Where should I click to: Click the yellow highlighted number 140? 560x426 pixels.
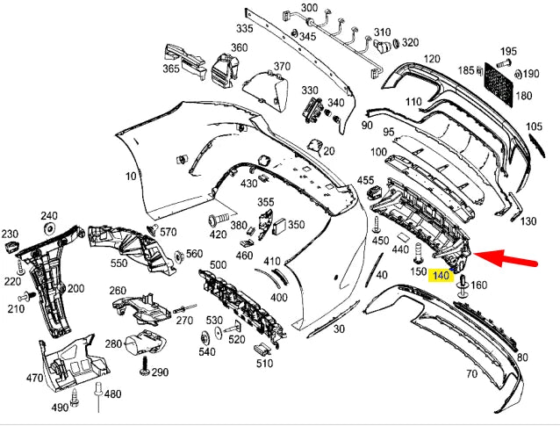[442, 275]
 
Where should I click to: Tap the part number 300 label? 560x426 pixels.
[309, 8]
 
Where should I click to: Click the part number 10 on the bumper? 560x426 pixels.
[131, 177]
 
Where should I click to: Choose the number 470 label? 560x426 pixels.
[34, 379]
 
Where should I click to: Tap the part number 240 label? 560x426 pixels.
[49, 215]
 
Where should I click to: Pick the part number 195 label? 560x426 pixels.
[533, 52]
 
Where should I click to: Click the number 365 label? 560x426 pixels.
[170, 69]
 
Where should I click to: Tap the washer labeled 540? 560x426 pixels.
[205, 337]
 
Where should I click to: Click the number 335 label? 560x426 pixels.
[243, 29]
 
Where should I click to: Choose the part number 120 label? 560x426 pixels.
[431, 59]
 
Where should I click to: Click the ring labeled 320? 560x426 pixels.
[396, 42]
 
